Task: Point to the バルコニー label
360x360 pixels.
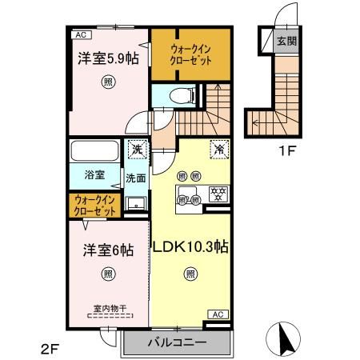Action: coord(178,342)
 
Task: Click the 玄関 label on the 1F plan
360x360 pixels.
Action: coord(286,41)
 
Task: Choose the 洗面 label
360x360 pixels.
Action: coord(134,178)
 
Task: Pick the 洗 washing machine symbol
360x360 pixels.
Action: coord(138,150)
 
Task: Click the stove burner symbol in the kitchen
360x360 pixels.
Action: coord(215,193)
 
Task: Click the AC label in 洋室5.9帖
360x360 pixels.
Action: coord(80,35)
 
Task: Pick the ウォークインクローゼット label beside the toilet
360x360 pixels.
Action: coord(190,54)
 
